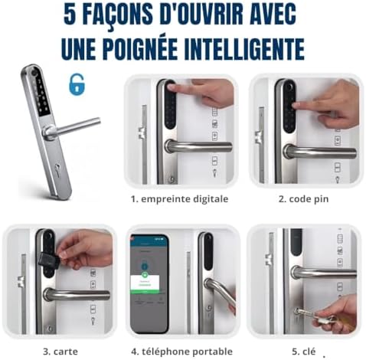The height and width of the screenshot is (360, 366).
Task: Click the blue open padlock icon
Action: [77, 84]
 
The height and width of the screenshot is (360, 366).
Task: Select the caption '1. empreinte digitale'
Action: [179, 199]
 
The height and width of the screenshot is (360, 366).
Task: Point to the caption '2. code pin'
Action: [303, 199]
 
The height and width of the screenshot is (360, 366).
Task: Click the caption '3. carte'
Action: [60, 352]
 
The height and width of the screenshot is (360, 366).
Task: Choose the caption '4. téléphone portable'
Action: [181, 352]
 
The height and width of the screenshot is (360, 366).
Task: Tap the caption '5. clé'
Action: [303, 352]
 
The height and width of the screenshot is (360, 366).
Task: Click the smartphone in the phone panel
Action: [149, 283]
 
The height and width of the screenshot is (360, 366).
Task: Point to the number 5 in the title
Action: [70, 15]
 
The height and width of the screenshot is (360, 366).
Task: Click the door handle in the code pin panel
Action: [321, 152]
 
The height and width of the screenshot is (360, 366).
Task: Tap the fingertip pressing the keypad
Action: [297, 105]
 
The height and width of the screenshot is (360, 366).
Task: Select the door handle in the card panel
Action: [77, 295]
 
